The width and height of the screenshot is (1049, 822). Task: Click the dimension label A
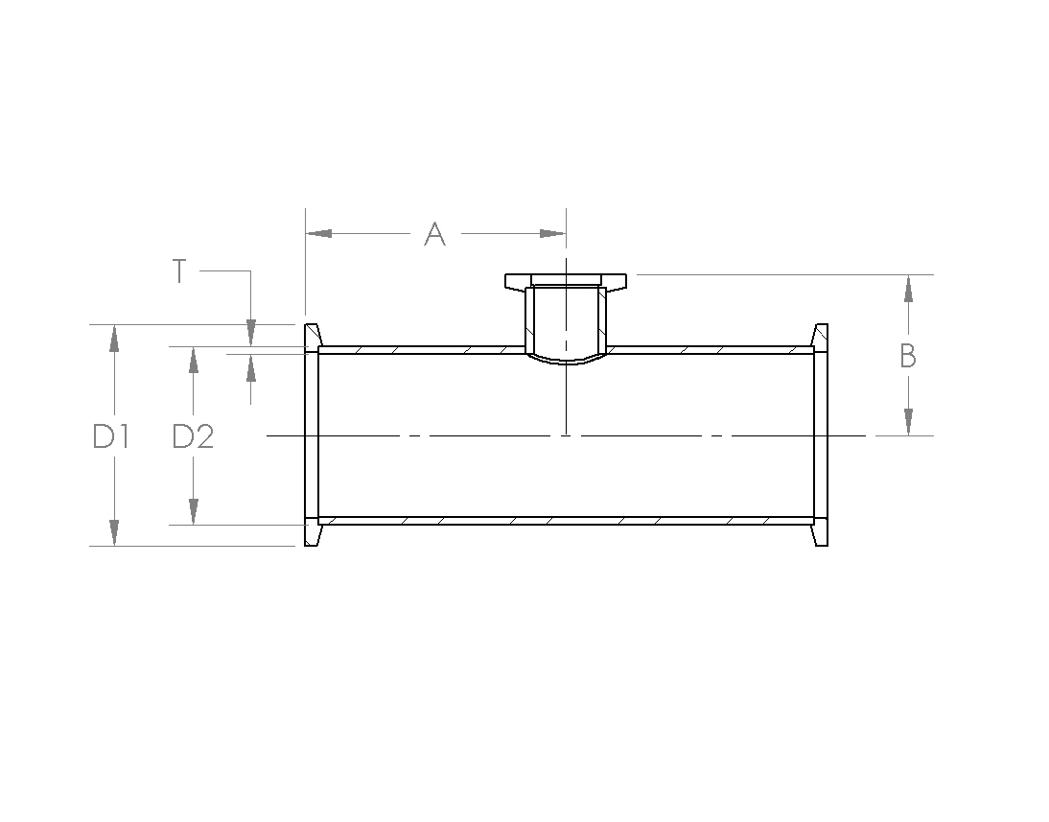pos(435,234)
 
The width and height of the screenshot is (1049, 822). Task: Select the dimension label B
pos(908,356)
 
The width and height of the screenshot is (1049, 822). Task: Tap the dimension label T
pos(178,271)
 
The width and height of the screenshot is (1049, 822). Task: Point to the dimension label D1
pos(110,436)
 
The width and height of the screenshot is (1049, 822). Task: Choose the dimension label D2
pos(194,436)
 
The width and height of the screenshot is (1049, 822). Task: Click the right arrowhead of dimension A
pos(552,234)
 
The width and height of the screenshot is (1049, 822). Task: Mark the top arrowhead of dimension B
pos(908,289)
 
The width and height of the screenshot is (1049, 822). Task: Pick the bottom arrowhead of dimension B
pos(908,422)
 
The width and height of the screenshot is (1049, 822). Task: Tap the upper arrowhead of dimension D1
pos(114,338)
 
